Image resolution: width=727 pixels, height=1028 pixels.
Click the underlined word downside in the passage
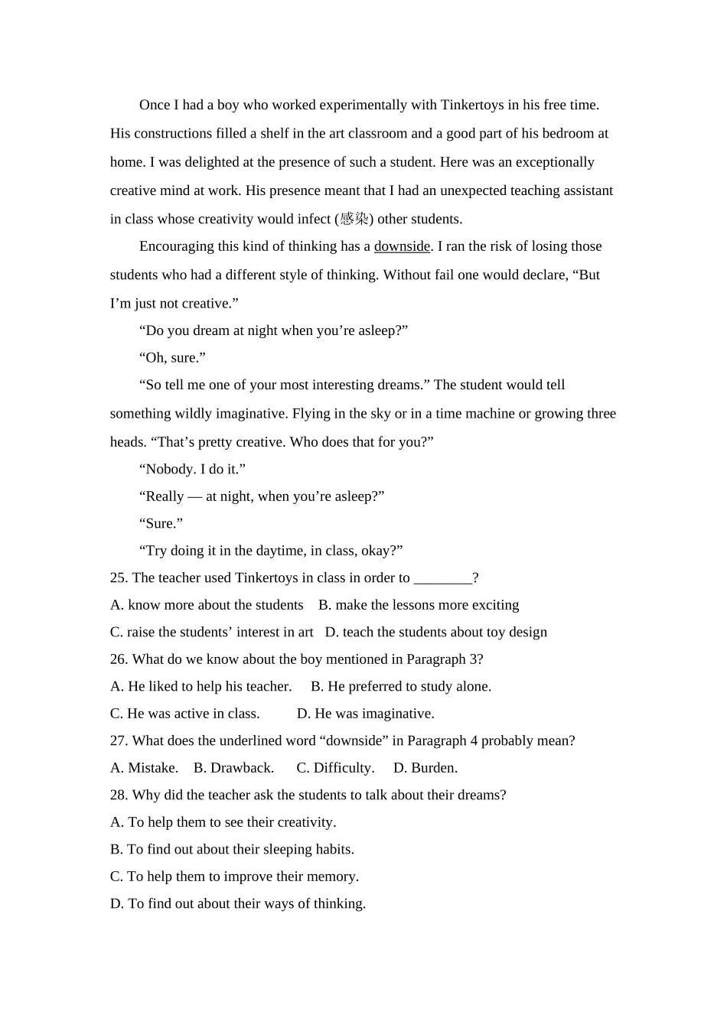tap(402, 246)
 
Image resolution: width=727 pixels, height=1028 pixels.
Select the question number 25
tap(118, 578)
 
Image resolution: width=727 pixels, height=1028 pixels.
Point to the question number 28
tap(118, 795)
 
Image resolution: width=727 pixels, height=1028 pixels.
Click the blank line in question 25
tap(442, 578)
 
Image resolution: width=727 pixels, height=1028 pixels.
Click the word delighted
tap(210, 162)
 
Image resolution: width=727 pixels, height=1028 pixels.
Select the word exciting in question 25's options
tap(494, 605)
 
